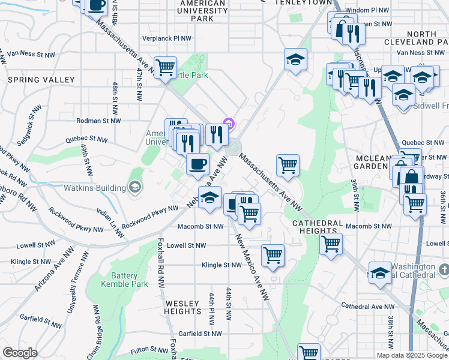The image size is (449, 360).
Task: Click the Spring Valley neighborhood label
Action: tap(41, 80)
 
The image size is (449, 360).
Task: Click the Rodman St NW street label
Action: tap(99, 121)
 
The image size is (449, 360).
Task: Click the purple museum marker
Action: tap(229, 124)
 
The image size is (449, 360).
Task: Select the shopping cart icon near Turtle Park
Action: tap(165, 66)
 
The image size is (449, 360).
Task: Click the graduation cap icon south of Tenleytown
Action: tap(295, 59)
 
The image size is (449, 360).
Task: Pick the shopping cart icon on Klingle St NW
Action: tap(273, 254)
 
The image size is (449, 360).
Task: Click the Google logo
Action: tap(20, 353)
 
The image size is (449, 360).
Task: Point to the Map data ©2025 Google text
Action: tap(411, 355)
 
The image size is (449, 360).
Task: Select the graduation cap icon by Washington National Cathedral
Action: tap(380, 273)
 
